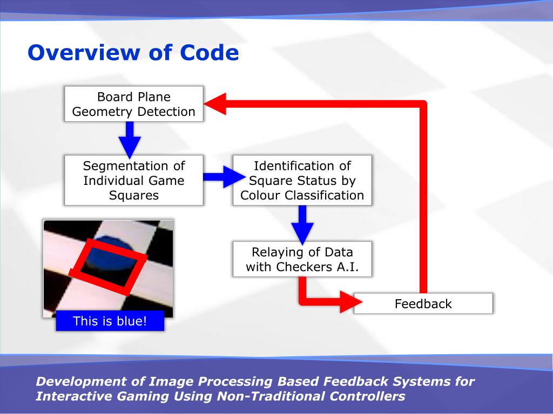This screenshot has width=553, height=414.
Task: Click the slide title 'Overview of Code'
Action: (x=133, y=53)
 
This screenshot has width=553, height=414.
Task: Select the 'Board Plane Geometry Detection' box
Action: (x=134, y=104)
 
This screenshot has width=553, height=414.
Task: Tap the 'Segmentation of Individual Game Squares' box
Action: (x=134, y=181)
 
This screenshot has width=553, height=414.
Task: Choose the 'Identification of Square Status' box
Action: (x=302, y=181)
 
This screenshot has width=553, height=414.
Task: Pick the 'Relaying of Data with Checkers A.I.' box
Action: (x=302, y=259)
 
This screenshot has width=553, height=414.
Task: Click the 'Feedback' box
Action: (x=423, y=303)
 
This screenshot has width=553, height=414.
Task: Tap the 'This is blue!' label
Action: (x=110, y=322)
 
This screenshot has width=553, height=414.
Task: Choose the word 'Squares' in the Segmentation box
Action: (x=134, y=195)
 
